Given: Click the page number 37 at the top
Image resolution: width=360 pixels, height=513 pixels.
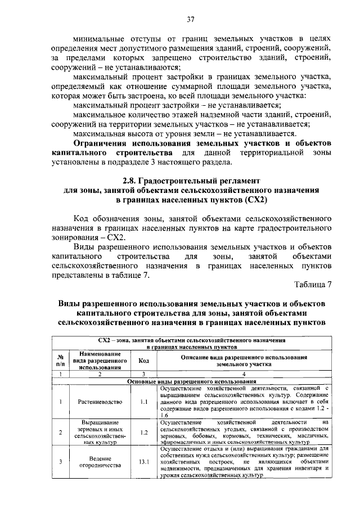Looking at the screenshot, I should [x=191, y=20].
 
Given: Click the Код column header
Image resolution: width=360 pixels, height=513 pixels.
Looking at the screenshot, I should [x=144, y=361].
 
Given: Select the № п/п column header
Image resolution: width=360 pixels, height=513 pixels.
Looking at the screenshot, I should [x=60, y=361].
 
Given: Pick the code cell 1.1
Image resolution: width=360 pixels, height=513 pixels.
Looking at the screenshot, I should [x=144, y=402].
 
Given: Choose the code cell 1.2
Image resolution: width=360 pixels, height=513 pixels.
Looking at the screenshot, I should [x=144, y=432].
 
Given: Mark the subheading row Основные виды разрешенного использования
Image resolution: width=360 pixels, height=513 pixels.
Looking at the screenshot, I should [x=192, y=381].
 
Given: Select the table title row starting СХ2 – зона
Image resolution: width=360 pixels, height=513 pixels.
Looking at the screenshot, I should [x=192, y=344].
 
